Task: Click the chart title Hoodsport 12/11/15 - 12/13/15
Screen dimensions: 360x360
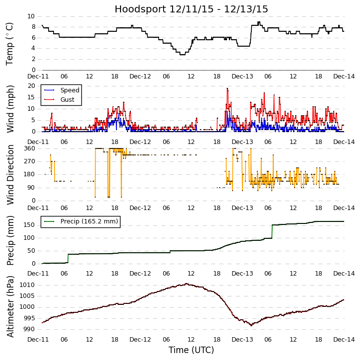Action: point(191,9)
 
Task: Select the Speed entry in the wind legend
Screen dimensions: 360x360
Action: point(69,90)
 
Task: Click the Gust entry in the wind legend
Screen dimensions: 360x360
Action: point(67,100)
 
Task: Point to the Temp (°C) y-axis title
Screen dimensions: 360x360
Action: point(10,43)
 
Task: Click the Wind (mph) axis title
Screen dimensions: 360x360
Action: point(10,109)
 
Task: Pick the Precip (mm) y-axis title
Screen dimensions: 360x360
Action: point(10,240)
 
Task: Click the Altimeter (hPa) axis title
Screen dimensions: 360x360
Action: point(10,306)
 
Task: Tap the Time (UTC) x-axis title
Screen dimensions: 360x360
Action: point(191,350)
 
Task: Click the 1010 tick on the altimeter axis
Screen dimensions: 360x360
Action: point(27,285)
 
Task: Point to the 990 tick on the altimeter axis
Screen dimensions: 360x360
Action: point(29,329)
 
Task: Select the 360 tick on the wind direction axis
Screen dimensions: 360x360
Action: point(29,148)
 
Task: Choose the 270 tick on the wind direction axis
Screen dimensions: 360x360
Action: point(29,161)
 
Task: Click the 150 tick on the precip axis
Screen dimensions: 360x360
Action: point(29,225)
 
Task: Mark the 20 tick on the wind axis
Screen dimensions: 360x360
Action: point(31,86)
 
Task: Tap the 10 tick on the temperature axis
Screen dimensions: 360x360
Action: point(31,16)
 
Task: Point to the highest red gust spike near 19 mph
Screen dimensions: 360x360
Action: point(227,88)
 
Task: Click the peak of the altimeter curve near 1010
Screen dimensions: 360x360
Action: point(186,284)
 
